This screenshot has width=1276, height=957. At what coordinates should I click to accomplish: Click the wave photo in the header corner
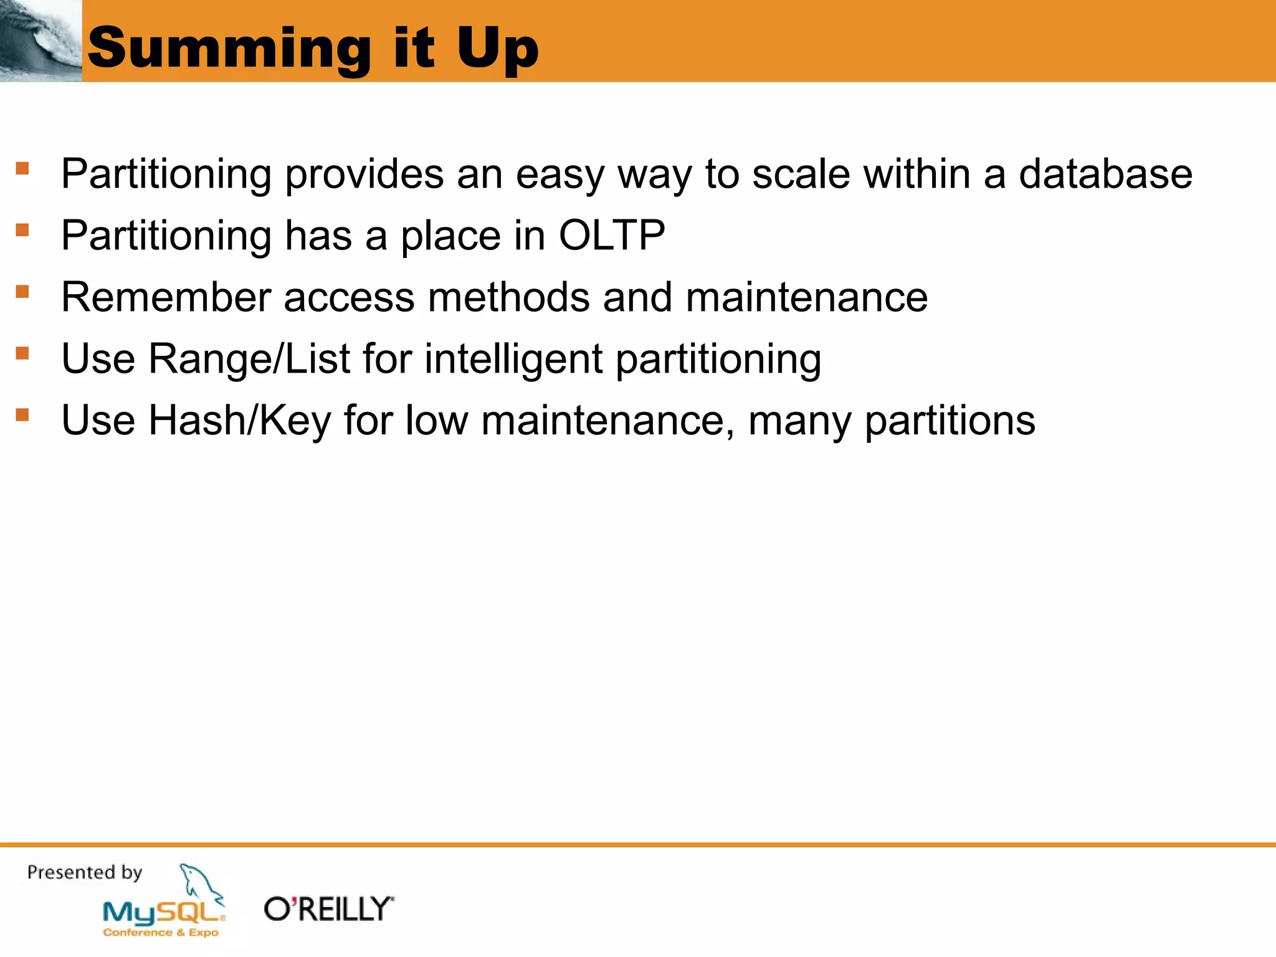tap(40, 40)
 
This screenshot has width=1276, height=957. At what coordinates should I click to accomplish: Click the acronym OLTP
tap(612, 236)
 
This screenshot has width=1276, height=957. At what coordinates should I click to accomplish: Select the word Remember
tap(166, 297)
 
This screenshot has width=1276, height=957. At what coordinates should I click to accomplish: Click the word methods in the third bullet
tap(508, 297)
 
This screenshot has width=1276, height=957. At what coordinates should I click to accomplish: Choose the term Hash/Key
tap(240, 421)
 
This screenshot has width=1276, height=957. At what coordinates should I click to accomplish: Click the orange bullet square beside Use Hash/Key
tap(22, 414)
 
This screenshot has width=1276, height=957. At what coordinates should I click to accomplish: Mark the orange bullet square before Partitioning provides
tap(22, 168)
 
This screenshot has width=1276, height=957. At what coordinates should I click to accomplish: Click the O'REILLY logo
tap(329, 909)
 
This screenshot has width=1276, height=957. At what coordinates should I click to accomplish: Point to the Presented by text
tap(85, 872)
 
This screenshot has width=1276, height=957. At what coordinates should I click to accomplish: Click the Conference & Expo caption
tap(161, 933)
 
